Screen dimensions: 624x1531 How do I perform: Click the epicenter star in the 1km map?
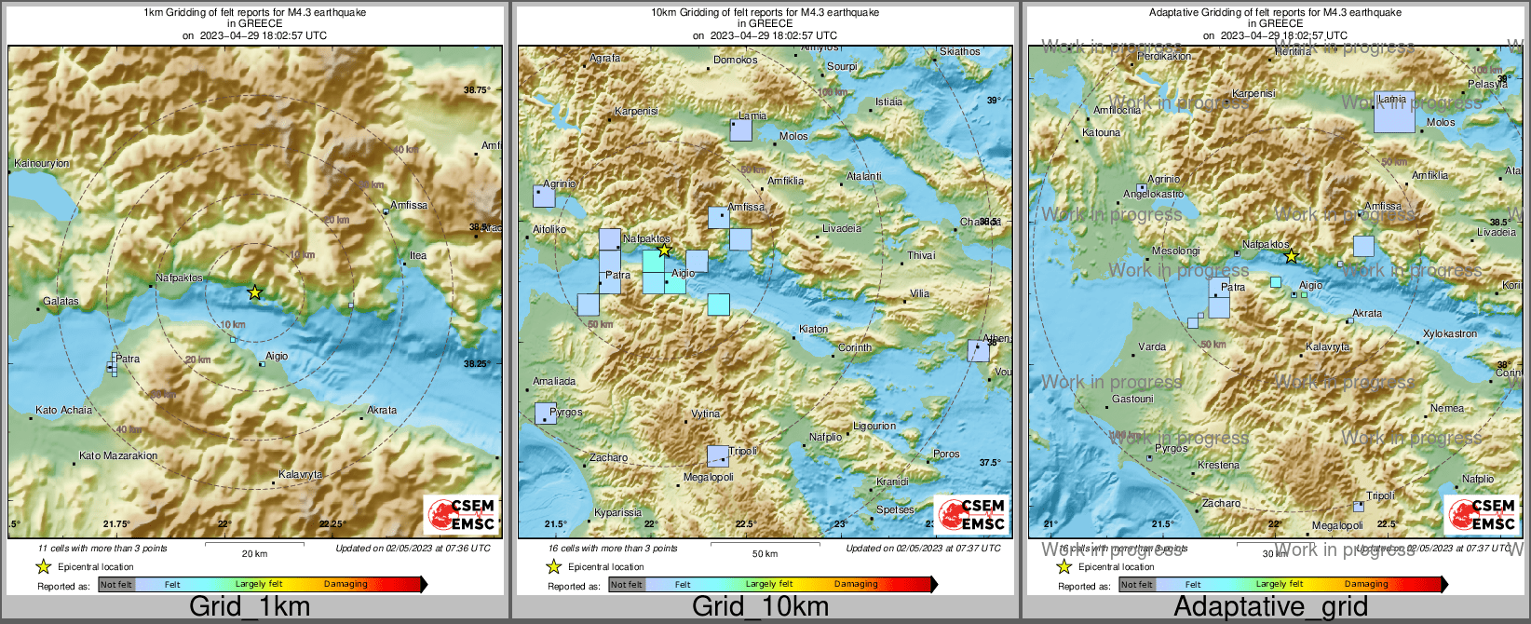[254, 292]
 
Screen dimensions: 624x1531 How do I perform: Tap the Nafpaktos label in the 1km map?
[179, 278]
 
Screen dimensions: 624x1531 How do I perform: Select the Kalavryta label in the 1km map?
[301, 474]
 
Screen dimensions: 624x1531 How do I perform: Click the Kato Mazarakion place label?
[118, 455]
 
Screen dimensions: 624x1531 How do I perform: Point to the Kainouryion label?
[41, 163]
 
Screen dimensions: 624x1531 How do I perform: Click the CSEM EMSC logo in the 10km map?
[972, 514]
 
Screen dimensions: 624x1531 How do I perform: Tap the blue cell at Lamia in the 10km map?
[740, 129]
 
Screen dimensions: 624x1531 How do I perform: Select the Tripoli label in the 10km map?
[743, 451]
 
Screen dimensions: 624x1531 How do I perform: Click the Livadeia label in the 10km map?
[842, 228]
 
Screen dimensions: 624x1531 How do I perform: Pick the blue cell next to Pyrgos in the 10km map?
[546, 413]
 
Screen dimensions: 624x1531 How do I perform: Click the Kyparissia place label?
[617, 512]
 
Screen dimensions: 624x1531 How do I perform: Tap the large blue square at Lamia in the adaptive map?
[1394, 113]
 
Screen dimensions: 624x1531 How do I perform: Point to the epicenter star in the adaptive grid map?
[1291, 256]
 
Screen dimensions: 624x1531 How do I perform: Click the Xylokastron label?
[1450, 333]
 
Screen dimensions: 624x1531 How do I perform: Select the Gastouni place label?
[1132, 399]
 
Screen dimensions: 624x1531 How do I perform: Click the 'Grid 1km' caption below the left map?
[250, 606]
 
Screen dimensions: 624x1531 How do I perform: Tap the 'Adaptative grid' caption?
[1270, 606]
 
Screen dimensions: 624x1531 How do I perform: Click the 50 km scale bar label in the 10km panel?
[765, 553]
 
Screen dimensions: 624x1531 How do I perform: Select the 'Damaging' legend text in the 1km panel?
[345, 584]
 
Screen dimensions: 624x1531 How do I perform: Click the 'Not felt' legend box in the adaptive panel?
[1137, 584]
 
